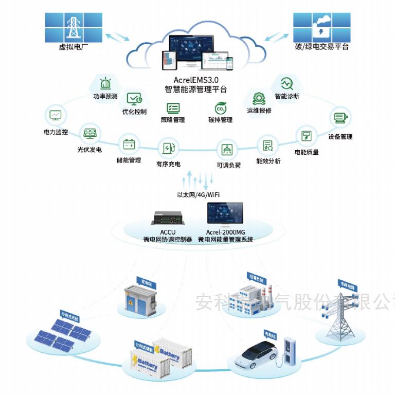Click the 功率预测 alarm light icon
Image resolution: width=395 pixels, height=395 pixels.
pos(105,83)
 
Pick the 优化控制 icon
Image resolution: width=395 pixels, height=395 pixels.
pos(134,98)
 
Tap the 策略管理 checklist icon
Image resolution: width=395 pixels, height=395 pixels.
pos(173,108)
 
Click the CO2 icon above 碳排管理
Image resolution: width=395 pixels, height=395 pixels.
pos(221,109)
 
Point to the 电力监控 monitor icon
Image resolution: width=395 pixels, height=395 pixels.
pos(55,115)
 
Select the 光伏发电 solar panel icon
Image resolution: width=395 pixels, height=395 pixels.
pos(90,134)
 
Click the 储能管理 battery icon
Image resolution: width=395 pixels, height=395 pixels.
pos(129,144)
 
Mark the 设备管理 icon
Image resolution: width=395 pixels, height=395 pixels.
pos(339,118)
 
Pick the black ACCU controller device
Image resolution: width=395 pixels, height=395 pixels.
pos(168,218)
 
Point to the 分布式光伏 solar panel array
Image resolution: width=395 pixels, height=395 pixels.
pos(62,334)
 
